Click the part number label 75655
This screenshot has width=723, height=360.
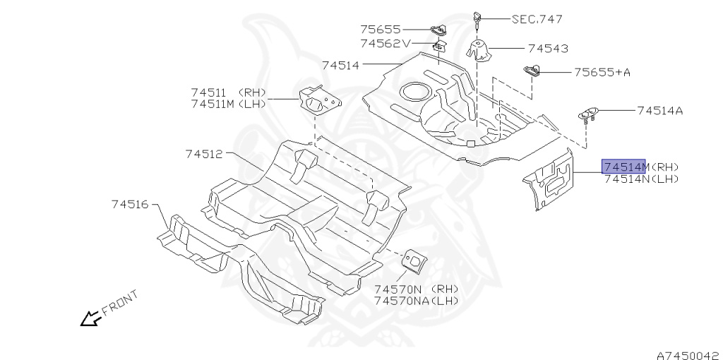point(380,30)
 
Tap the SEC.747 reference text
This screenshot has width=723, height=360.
point(538,19)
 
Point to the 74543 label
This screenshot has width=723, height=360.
point(548,49)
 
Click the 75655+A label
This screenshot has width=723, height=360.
point(602,72)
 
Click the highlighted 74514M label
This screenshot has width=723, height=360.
point(623,167)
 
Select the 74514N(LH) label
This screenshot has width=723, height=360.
point(641,179)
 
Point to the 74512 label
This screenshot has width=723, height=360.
point(204,152)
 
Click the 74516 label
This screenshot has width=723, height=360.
point(129,204)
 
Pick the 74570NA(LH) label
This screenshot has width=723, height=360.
point(416,301)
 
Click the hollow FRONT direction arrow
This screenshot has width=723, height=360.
point(90,319)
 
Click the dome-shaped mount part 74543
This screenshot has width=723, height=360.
point(480,51)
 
